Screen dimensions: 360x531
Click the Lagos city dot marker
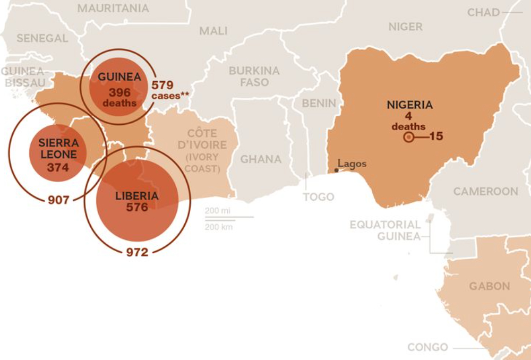[336, 170]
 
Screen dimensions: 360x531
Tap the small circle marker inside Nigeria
[408, 138]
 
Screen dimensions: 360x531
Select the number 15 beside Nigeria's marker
[436, 136]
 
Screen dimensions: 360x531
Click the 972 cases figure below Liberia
[137, 252]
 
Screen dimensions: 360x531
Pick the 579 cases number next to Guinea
[162, 85]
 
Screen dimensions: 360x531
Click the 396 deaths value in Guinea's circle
[119, 92]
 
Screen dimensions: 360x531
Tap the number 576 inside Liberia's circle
[137, 207]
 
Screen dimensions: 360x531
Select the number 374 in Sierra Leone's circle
[58, 167]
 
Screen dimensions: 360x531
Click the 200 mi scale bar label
[218, 211]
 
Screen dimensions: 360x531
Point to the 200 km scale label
[218, 227]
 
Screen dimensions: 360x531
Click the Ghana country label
[261, 159]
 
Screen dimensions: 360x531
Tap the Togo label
[318, 197]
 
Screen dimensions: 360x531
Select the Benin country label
[319, 103]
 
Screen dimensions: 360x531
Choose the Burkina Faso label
[254, 76]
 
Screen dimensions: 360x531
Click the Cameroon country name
[485, 191]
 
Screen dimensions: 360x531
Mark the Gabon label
[489, 286]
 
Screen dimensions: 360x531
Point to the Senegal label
[42, 38]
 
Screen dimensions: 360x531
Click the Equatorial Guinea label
[385, 230]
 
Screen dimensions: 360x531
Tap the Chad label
[483, 12]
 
